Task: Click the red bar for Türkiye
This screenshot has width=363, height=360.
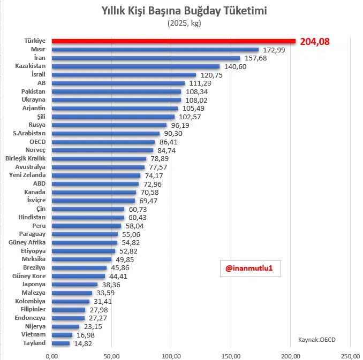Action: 173,41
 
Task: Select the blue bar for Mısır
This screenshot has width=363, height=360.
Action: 155,50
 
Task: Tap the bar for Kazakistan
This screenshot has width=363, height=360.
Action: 135,66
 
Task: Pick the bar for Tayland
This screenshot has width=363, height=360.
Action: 61,343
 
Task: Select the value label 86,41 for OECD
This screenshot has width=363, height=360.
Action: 169,142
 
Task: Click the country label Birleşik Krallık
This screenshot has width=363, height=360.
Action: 25,158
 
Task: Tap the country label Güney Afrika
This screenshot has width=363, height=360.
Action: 27,242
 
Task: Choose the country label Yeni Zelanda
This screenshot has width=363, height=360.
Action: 27,175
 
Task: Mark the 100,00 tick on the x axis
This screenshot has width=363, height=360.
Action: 171,355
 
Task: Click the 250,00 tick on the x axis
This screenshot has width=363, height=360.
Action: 350,355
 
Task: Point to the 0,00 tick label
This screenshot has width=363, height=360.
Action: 51,355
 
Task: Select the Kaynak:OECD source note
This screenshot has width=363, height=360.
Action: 317,339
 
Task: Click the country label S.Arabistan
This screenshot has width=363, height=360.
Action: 29,133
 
